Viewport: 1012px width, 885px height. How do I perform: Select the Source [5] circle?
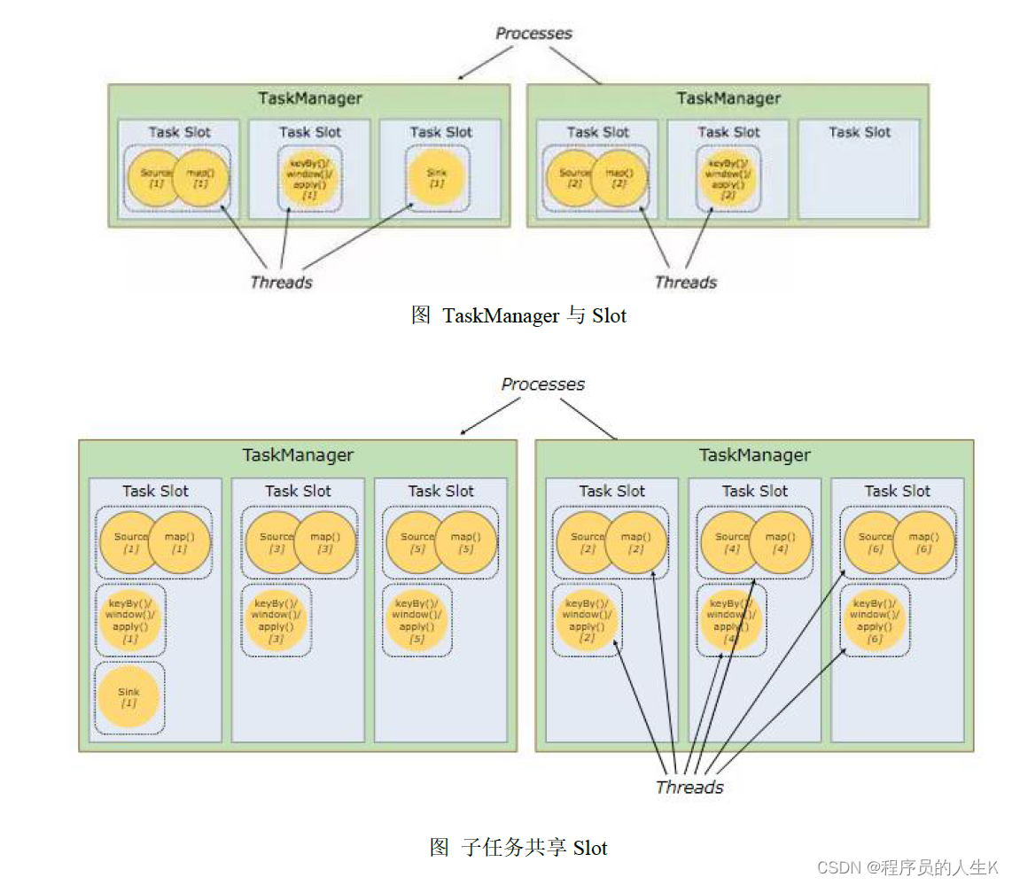click(415, 542)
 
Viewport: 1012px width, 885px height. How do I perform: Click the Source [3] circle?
click(274, 542)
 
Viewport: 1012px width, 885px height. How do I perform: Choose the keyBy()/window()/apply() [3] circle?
click(276, 619)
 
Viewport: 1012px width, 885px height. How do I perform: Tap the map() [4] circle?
click(781, 542)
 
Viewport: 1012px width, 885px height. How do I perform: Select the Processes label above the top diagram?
click(533, 34)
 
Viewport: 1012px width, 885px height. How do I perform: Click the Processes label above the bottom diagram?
click(542, 384)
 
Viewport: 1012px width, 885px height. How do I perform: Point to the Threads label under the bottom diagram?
click(689, 787)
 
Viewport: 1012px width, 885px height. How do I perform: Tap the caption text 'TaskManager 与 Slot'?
click(519, 315)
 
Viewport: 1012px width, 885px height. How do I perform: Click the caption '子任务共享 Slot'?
click(518, 848)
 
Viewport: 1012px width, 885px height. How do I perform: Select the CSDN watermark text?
click(907, 866)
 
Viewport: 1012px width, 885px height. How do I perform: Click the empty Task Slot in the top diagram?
click(859, 169)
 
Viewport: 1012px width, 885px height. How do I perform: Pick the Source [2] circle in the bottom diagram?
click(585, 542)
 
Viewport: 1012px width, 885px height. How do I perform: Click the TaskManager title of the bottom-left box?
click(298, 454)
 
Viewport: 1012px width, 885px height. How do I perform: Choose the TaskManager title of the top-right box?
click(728, 98)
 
